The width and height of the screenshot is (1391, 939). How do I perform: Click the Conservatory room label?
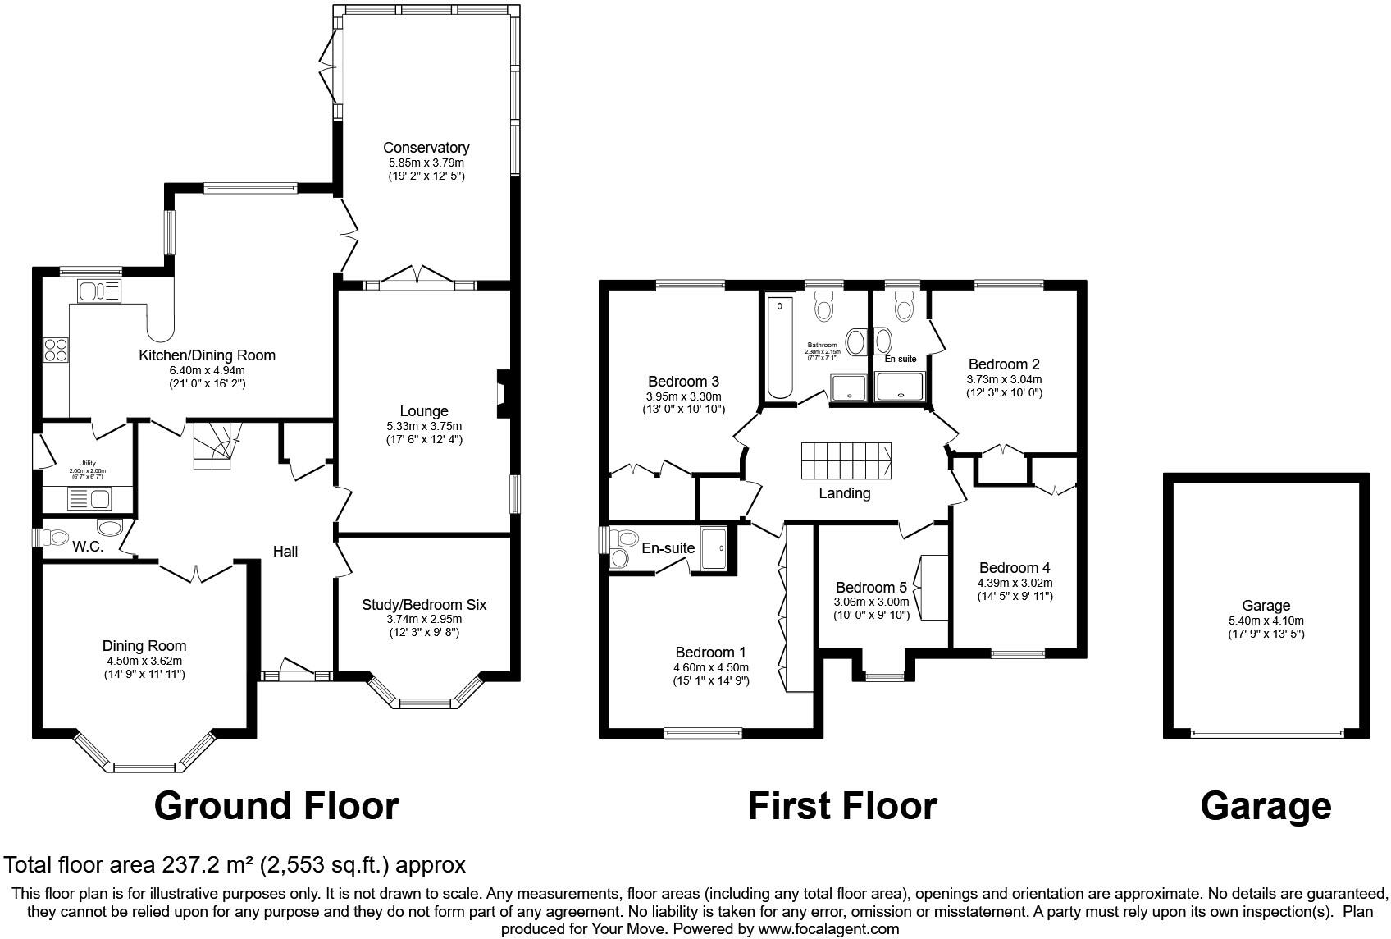click(426, 148)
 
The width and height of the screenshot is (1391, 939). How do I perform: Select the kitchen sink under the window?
click(99, 291)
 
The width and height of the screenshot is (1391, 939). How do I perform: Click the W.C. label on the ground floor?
click(88, 547)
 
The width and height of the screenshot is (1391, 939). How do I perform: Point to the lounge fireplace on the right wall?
click(503, 397)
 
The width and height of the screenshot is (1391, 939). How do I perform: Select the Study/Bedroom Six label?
click(424, 605)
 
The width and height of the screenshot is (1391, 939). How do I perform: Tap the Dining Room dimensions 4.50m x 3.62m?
click(144, 661)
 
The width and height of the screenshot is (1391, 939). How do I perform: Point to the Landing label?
click(844, 493)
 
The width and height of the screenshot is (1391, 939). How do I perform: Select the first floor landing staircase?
click(846, 461)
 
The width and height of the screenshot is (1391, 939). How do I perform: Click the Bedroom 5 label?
click(871, 588)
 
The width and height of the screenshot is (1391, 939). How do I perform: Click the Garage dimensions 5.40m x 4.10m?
click(1266, 621)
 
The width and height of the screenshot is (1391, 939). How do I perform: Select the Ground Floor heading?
click(276, 806)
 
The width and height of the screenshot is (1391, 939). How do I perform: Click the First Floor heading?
click(842, 806)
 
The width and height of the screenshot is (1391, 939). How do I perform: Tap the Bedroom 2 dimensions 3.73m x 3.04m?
click(1004, 379)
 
